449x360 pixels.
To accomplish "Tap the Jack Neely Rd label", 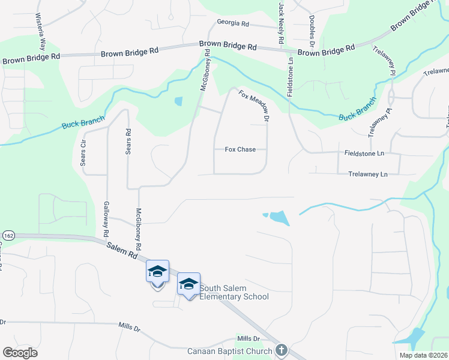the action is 281,22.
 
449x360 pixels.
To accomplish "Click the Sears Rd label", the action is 128,142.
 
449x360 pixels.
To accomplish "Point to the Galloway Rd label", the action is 106,217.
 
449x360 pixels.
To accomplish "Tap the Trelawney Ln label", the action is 368,174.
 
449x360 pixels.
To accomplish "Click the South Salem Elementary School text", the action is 234,292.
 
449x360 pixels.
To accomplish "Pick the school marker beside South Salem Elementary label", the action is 188,284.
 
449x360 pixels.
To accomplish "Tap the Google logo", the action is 20,353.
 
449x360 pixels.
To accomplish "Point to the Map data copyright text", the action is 423,355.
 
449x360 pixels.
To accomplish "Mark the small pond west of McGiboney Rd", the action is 178,101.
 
